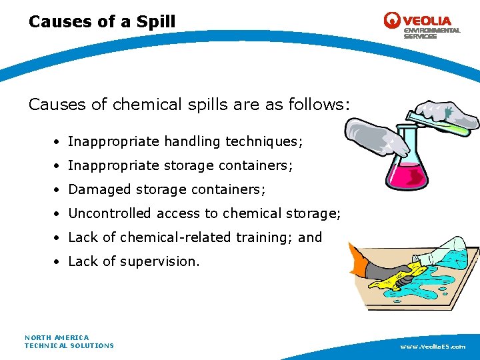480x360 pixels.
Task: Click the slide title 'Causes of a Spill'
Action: point(102,21)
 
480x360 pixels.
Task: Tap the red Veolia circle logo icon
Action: point(392,20)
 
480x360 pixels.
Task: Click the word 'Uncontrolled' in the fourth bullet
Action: point(110,213)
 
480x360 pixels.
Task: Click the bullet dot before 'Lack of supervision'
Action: point(59,262)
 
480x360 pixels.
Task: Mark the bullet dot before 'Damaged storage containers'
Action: point(59,190)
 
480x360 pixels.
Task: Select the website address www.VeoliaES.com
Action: point(433,347)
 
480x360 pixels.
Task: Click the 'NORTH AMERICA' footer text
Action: point(57,337)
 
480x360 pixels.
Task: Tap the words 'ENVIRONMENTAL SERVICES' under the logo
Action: point(431,33)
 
